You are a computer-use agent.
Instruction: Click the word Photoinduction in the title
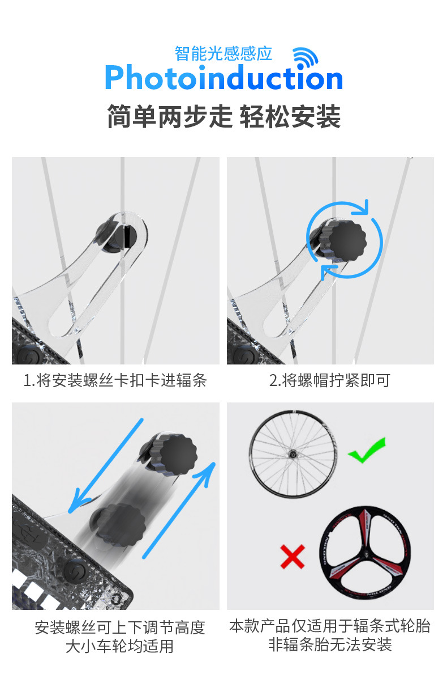tap(223, 79)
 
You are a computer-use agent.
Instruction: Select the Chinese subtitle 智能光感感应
tap(223, 53)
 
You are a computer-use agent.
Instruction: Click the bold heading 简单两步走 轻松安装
tap(223, 117)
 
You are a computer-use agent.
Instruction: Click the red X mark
tap(292, 557)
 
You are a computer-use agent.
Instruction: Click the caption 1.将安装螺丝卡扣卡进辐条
tap(115, 380)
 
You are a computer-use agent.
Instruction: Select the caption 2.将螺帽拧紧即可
tap(330, 380)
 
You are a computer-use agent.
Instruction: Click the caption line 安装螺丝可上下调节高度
tap(119, 627)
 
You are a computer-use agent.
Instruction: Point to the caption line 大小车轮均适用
tap(119, 646)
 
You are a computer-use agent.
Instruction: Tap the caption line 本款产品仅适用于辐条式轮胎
tap(330, 626)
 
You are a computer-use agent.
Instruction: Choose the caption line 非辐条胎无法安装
tap(330, 644)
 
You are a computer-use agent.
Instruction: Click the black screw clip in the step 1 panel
tap(113, 234)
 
